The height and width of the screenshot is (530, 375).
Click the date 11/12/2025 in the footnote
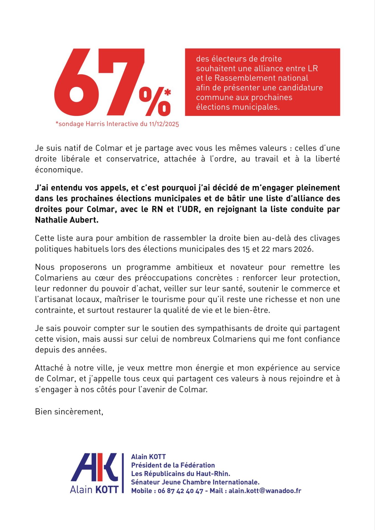pyautogui.click(x=164, y=124)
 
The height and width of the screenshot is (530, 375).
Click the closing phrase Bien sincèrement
pyautogui.click(x=69, y=412)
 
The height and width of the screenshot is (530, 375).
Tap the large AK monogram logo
pyautogui.click(x=95, y=468)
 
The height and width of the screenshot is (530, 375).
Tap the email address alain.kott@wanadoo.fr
pyautogui.click(x=265, y=491)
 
